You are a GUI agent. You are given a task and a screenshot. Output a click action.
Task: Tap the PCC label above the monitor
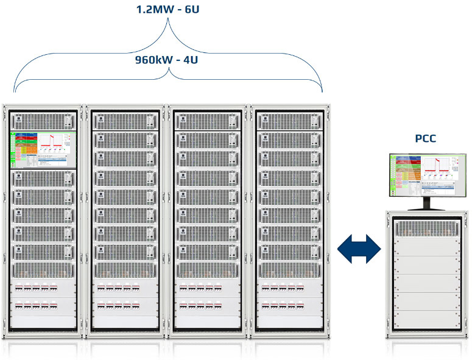[426, 138]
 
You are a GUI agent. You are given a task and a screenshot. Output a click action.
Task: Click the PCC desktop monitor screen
[425, 175]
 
